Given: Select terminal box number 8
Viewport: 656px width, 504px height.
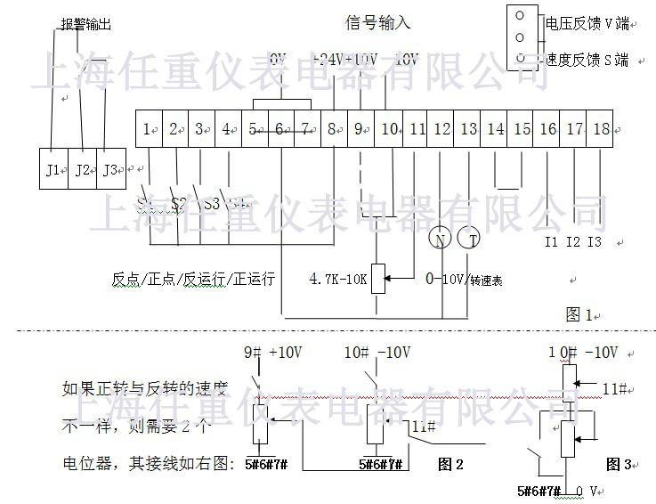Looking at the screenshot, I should point(333,129).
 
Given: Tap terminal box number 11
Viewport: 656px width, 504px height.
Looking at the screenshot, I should point(417,129).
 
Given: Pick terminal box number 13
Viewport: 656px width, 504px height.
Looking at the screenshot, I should point(468,129).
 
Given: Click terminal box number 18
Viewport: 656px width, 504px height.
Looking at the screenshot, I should point(601,129).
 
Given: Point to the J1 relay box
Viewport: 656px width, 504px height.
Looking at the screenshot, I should point(53,169).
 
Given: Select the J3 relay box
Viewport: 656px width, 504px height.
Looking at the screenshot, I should point(109,169).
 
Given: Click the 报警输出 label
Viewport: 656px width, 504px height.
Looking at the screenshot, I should point(86,26).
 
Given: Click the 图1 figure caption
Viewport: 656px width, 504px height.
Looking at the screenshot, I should point(579,313).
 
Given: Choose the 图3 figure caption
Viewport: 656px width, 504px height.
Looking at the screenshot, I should point(618,464).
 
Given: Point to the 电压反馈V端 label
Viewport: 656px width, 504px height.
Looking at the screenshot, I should point(587,24).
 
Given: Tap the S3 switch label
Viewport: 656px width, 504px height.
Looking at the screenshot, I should point(211,204).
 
